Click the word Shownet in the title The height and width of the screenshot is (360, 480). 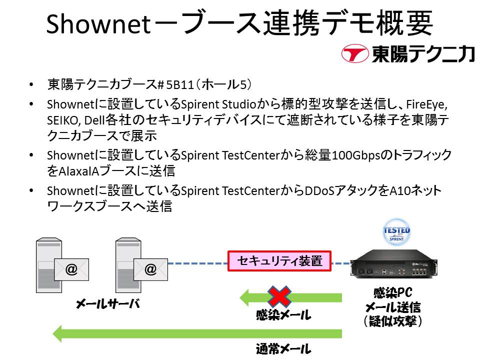point(98,24)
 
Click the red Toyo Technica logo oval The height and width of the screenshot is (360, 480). point(355,53)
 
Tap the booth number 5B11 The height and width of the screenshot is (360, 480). point(179,84)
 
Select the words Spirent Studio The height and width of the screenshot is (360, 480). point(218,104)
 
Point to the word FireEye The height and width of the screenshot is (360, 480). point(426,104)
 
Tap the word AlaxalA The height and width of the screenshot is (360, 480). point(78,171)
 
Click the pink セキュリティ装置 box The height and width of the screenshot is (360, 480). point(279,261)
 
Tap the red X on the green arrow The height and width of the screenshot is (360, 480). point(279,296)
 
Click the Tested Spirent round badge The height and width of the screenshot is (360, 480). point(396,231)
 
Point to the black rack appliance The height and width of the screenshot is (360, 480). point(393,263)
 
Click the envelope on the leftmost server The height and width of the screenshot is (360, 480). point(71,269)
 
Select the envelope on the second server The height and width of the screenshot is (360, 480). point(150,269)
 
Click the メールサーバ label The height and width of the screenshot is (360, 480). point(108,303)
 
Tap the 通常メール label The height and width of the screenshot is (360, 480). point(283,349)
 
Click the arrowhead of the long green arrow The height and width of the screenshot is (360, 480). point(57,333)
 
